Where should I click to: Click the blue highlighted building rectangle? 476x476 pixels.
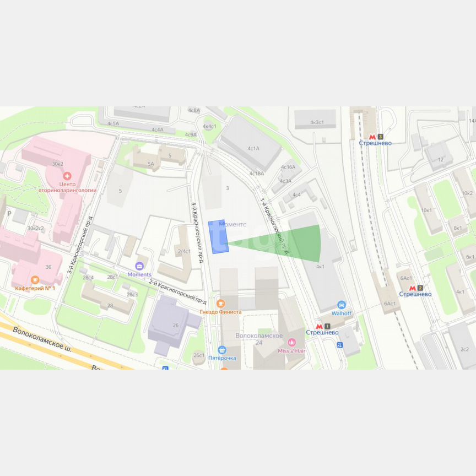pyautogui.click(x=218, y=237)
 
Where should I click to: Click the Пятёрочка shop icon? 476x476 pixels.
pyautogui.click(x=222, y=349)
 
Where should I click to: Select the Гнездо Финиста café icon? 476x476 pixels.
pyautogui.click(x=221, y=303)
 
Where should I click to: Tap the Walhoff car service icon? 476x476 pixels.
pyautogui.click(x=342, y=305)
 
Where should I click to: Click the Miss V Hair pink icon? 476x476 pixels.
pyautogui.click(x=292, y=343)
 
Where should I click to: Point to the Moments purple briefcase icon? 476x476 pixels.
pyautogui.click(x=139, y=266)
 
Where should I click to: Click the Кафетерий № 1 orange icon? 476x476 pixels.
pyautogui.click(x=35, y=279)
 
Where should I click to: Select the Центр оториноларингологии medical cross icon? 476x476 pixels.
pyautogui.click(x=67, y=176)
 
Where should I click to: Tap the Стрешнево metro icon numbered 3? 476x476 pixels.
pyautogui.click(x=373, y=136)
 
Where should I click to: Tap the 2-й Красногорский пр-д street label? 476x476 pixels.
pyautogui.click(x=178, y=291)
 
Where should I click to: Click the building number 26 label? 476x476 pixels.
pyautogui.click(x=176, y=325)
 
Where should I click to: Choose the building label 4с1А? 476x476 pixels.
pyautogui.click(x=253, y=148)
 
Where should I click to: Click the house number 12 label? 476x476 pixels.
pyautogui.click(x=440, y=159)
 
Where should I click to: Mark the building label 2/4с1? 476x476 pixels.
pyautogui.click(x=184, y=251)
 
